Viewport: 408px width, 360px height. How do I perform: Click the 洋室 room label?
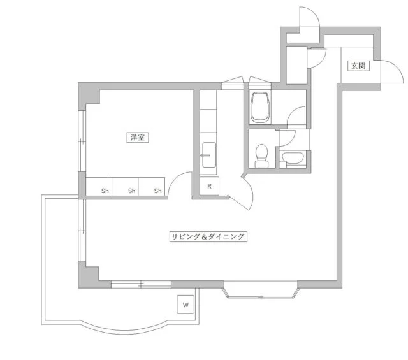pyautogui.click(x=138, y=138)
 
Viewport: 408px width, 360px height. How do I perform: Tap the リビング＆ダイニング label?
pyautogui.click(x=208, y=236)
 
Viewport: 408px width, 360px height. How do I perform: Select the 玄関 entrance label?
pyautogui.click(x=358, y=66)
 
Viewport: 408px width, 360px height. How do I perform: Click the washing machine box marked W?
pyautogui.click(x=186, y=305)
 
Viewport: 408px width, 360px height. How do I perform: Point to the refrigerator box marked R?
pyautogui.click(x=210, y=186)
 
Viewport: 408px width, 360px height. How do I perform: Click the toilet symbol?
pyautogui.click(x=261, y=156)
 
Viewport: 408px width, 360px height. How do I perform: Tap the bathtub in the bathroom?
pyautogui.click(x=260, y=108)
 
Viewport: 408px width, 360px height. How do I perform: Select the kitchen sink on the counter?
pyautogui.click(x=209, y=155)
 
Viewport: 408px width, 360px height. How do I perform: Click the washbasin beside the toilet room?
pyautogui.click(x=293, y=158)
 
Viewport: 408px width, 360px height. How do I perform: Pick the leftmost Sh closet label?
pyautogui.click(x=105, y=191)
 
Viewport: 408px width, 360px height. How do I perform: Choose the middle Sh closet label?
pyautogui.click(x=132, y=191)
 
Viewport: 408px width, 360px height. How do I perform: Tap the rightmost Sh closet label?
pyautogui.click(x=157, y=191)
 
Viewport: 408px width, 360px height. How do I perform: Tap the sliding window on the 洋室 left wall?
pyautogui.click(x=82, y=141)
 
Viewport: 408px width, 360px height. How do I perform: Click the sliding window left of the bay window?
pyautogui.click(x=141, y=284)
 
